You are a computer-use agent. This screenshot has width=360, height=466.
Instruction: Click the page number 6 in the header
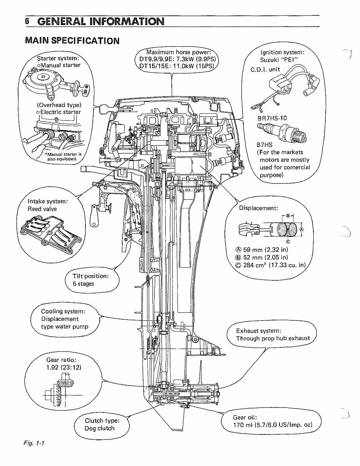tap(27, 21)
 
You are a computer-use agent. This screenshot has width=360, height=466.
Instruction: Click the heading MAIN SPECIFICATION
tap(72, 40)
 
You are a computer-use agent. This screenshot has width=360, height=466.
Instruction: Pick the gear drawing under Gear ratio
tap(60, 393)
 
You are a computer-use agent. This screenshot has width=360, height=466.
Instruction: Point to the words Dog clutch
tap(99, 428)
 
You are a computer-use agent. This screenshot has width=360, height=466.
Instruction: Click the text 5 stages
tap(83, 284)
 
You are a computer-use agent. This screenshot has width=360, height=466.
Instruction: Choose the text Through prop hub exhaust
tap(273, 338)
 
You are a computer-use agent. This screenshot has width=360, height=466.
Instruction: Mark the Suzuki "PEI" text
tap(279, 59)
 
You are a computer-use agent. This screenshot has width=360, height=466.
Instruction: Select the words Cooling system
tap(63, 311)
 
